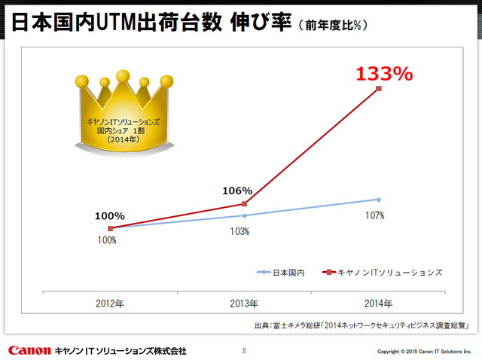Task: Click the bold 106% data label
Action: pos(237,191)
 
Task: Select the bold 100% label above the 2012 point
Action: pos(109,215)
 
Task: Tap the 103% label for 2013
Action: pos(239,231)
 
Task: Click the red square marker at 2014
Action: pos(379,89)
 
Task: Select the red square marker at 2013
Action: pos(244,203)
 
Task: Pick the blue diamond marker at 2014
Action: pos(379,200)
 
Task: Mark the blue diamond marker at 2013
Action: pos(244,215)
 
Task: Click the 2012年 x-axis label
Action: pos(110,304)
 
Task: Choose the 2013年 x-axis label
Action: pos(244,304)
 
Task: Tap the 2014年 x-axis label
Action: pos(378,304)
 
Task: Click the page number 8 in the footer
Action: pos(243,350)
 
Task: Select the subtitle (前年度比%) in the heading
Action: pos(334,26)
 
